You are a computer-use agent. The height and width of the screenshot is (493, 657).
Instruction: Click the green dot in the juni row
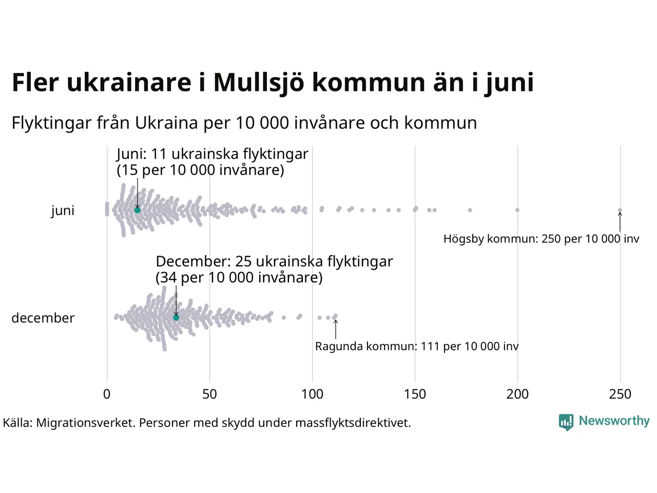[x=138, y=210]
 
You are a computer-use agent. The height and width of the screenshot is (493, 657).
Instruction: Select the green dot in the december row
[x=176, y=318]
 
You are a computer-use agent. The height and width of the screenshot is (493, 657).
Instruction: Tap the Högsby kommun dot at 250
[x=620, y=210]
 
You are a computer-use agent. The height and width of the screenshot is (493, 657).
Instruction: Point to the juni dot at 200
[x=517, y=210]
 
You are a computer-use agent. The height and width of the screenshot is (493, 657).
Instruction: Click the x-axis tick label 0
[x=107, y=394]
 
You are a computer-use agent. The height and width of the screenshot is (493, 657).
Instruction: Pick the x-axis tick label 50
[x=209, y=394]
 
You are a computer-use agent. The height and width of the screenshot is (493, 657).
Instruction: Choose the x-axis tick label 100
[x=312, y=394]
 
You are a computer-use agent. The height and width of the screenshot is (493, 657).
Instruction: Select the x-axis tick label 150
[x=415, y=394]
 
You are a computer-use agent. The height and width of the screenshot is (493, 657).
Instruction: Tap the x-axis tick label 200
[x=517, y=394]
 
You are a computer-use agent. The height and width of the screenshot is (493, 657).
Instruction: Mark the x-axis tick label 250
[x=620, y=394]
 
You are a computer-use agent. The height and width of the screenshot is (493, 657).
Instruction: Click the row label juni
[x=63, y=211]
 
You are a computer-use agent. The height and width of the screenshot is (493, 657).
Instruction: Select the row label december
[x=43, y=318]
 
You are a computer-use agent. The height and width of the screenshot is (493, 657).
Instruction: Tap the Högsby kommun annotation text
[x=542, y=239]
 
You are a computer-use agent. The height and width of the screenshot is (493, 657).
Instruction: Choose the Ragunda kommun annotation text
[x=417, y=347]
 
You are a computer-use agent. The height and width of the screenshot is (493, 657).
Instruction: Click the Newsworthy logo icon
[x=566, y=422]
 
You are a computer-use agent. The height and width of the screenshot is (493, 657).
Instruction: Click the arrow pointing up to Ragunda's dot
[x=336, y=329]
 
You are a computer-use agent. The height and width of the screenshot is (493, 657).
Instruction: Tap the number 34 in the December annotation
[x=168, y=278]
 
